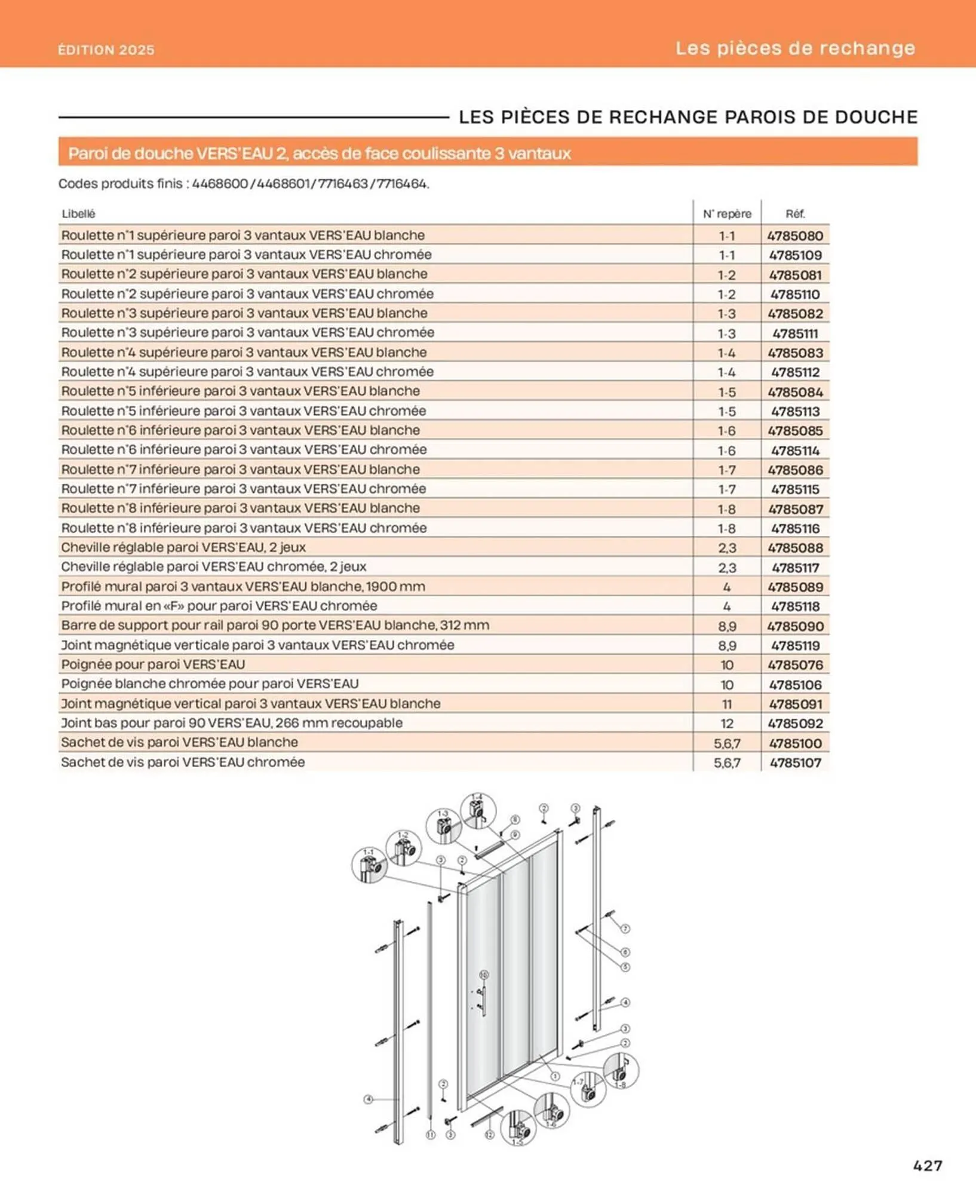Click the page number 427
(x=927, y=1165)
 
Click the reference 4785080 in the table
(x=795, y=235)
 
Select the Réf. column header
(x=795, y=214)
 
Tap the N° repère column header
(x=727, y=214)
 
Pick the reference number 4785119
(x=795, y=645)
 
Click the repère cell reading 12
(x=727, y=724)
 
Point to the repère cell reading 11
(x=727, y=704)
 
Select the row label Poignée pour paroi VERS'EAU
(x=153, y=664)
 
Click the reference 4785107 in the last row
(x=795, y=762)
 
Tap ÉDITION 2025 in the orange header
(x=106, y=50)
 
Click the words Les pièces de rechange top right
(x=795, y=48)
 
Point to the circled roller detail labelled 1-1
(x=369, y=865)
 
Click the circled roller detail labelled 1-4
(x=478, y=811)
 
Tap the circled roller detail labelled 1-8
(x=621, y=1071)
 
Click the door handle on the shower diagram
(x=483, y=999)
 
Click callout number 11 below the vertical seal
(x=430, y=1135)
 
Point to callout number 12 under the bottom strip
(x=489, y=1135)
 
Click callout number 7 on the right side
(x=625, y=929)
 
